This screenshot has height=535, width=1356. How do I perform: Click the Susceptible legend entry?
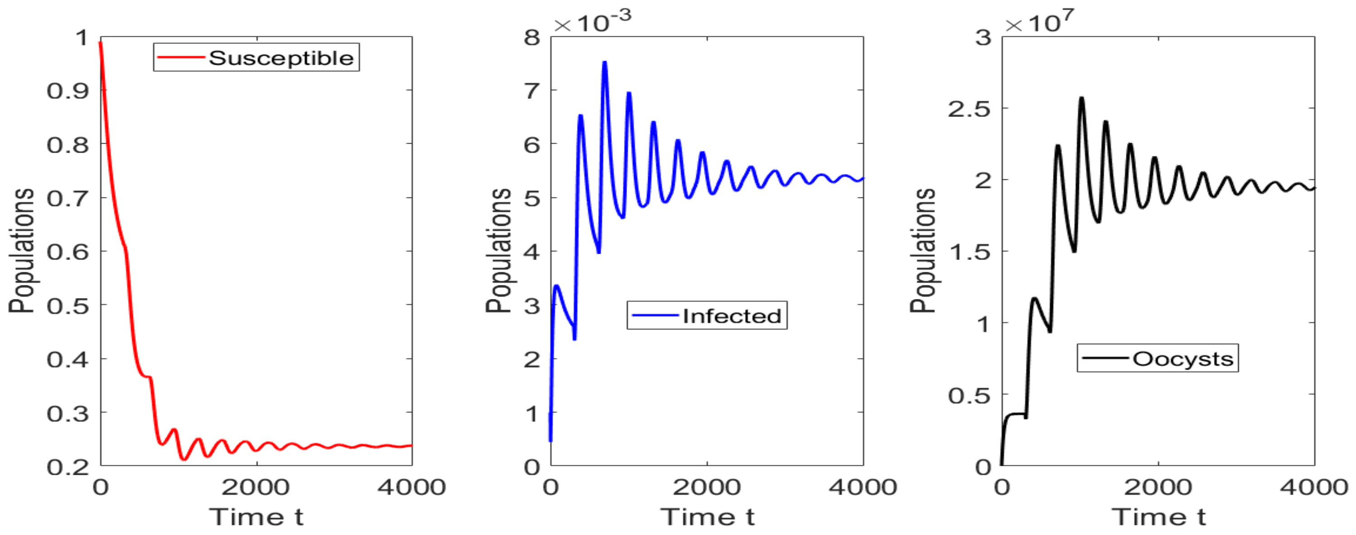[x=256, y=58]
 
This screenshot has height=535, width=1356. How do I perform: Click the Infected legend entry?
[x=706, y=315]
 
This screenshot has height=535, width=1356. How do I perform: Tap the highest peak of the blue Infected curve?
[x=605, y=63]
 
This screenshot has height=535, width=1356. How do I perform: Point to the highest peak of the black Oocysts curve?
[x=1082, y=98]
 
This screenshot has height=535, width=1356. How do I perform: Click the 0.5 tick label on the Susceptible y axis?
[x=68, y=305]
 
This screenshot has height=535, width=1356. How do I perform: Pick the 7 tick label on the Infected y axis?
[x=532, y=91]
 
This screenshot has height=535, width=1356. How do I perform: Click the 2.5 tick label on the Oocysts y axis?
[x=969, y=109]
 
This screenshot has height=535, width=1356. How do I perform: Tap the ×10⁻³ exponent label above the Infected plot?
[x=592, y=22]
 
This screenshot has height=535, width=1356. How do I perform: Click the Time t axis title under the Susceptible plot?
[x=256, y=516]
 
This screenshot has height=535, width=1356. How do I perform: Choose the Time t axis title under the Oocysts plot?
[x=1158, y=516]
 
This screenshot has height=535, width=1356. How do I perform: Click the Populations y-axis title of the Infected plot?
[x=498, y=251]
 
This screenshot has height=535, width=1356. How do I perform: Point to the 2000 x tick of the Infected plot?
[x=706, y=487]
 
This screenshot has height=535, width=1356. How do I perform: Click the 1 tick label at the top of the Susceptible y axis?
[x=82, y=38]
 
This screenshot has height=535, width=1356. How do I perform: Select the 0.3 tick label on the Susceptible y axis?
[x=68, y=413]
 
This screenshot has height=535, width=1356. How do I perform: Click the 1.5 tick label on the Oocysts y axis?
[x=970, y=252]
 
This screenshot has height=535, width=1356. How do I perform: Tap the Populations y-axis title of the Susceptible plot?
[x=21, y=251]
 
